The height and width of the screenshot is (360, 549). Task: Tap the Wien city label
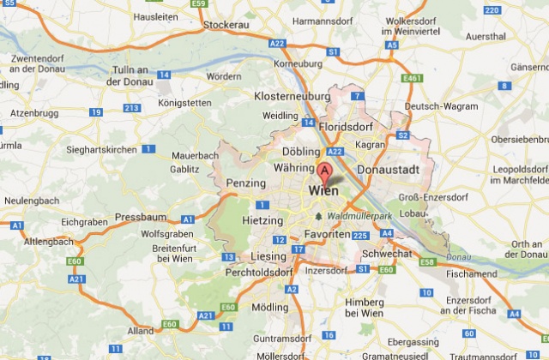324,191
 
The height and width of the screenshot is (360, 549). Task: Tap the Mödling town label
270,307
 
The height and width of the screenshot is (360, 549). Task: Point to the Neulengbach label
30,200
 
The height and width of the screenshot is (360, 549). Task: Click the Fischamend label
471,274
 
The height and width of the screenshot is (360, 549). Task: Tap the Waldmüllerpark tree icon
320,216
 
